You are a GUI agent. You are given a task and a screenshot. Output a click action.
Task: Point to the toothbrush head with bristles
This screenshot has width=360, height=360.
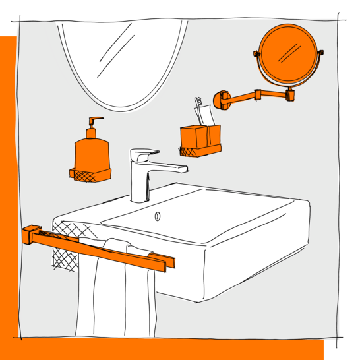point(198,104)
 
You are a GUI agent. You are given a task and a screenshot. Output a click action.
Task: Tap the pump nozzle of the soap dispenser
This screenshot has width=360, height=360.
point(95,120)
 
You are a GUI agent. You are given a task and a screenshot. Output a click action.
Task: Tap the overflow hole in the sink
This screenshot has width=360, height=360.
point(157,216)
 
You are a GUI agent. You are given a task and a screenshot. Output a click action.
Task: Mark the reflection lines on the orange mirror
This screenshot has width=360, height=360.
point(287,53)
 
